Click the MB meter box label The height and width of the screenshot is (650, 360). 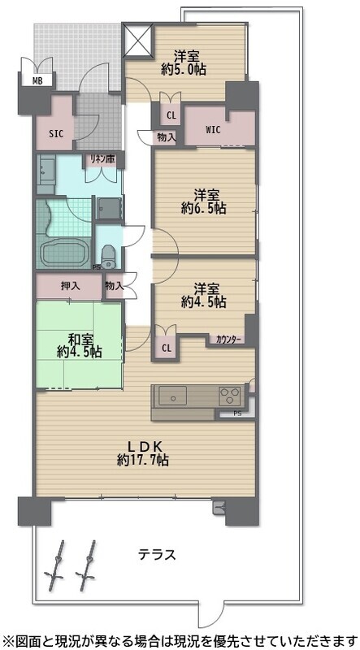pos(37,80)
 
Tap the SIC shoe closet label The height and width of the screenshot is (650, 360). pos(56,134)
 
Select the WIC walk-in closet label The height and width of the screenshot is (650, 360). pos(213,130)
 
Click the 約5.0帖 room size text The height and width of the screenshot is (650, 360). pos(184,69)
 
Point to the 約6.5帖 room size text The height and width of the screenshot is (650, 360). pos(203,208)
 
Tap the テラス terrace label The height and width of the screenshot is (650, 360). pos(157,554)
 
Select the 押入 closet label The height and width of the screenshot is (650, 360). pos(71,286)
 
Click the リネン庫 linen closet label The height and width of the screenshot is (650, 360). pos(101,158)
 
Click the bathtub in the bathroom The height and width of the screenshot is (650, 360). pos(65,252)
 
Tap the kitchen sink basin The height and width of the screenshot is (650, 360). pos(172,396)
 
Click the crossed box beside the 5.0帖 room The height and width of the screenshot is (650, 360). pos(138,39)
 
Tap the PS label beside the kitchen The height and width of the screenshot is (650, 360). pos(236,414)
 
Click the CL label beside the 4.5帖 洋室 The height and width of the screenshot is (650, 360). pos(167,349)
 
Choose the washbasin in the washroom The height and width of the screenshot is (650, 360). pos(46,171)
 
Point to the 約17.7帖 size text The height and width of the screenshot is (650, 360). pos(143,460)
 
